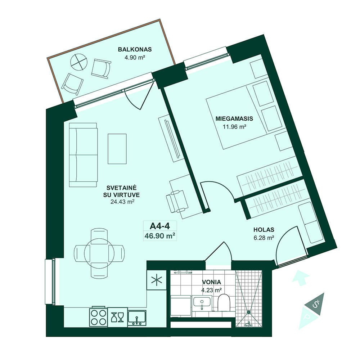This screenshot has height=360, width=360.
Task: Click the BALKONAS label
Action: click(135, 49)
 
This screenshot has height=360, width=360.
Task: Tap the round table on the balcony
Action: click(79, 62)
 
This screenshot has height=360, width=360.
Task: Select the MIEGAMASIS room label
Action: click(234, 119)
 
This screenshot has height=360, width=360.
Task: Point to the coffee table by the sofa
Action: click(117, 149)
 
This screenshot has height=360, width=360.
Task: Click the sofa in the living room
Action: click(84, 155)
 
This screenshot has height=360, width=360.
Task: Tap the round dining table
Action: click(99, 253)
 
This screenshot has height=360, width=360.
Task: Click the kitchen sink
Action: click(137, 318)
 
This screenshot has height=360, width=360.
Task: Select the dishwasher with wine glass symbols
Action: click(117, 317)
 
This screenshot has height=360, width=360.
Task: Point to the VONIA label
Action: click(211, 282)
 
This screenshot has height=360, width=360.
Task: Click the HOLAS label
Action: click(264, 230)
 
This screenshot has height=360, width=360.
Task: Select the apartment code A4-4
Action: click(159, 226)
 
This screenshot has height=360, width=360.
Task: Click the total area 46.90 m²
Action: click(160, 235)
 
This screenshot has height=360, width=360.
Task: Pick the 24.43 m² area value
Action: click(122, 202)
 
